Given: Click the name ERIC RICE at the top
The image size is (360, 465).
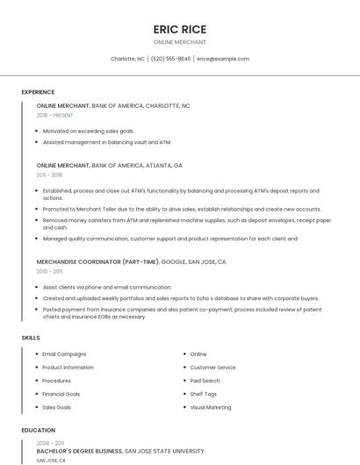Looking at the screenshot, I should (179, 29).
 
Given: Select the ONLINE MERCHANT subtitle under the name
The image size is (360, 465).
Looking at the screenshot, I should (179, 42).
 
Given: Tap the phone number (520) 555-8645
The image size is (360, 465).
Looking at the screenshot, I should (170, 59).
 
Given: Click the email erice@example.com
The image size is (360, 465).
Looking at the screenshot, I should (223, 59).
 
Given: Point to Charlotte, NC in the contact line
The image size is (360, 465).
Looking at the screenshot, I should (127, 59).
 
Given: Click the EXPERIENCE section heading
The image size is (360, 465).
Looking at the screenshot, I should (38, 92).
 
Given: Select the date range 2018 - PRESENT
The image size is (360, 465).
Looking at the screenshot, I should (54, 115).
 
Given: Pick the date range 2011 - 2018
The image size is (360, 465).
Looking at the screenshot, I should (49, 175).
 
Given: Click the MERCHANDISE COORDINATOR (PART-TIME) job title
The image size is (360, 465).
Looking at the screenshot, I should (97, 261).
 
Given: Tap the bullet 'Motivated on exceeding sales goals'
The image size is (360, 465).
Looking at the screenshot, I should (89, 131).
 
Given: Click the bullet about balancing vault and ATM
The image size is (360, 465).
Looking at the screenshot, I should (107, 141).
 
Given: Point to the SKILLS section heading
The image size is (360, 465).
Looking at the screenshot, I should (31, 338).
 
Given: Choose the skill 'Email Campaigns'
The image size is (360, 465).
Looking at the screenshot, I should (64, 354).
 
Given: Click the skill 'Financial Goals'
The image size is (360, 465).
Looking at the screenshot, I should (61, 394).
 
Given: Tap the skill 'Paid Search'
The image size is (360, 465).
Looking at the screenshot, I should (205, 381).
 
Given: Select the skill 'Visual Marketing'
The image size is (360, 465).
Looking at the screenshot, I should (211, 407).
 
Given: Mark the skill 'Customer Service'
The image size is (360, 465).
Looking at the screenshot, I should (212, 368).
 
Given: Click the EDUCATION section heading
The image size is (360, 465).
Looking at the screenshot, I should (38, 431).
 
